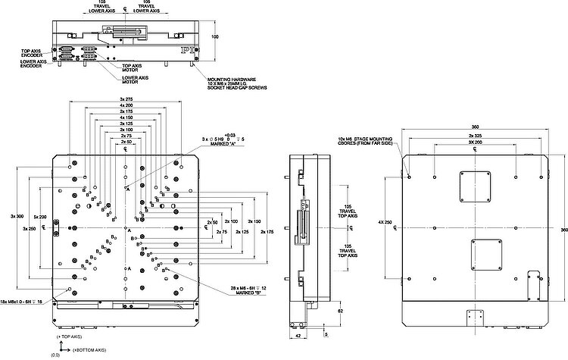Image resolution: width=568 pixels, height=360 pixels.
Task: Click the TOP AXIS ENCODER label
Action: (32, 53)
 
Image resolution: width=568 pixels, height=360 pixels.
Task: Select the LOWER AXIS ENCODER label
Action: (31, 64)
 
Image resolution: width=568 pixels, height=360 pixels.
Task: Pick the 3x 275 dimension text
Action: (126, 99)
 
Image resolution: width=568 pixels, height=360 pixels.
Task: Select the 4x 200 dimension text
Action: (126, 105)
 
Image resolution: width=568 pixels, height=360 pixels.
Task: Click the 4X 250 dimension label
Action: (384, 222)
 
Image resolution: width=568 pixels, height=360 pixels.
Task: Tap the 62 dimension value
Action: (341, 311)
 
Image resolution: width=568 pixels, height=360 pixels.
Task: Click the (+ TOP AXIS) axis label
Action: (68, 335)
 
